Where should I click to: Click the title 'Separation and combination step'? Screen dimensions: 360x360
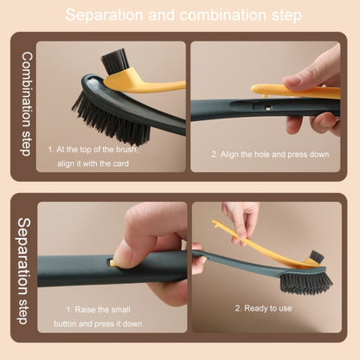point(183,15)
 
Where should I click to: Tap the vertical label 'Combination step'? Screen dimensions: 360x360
point(27,104)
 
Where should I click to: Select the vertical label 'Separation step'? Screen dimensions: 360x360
point(23,271)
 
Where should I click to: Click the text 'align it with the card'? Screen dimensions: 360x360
point(93,164)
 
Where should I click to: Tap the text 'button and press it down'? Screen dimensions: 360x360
point(98,324)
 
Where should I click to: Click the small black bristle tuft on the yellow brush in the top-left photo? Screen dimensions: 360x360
point(115,61)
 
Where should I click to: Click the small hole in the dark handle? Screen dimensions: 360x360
point(267,108)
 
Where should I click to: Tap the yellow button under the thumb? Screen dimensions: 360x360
point(112,263)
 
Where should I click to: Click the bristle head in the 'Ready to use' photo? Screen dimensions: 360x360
point(305,283)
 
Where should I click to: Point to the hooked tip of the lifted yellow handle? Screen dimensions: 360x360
point(215,223)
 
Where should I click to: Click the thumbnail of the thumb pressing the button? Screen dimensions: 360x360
point(119,253)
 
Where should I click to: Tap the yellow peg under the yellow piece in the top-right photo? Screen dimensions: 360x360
point(265,95)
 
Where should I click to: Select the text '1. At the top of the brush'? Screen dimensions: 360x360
point(93,150)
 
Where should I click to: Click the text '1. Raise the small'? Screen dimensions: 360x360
point(98,310)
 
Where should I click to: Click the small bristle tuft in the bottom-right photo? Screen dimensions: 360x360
point(316,256)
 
